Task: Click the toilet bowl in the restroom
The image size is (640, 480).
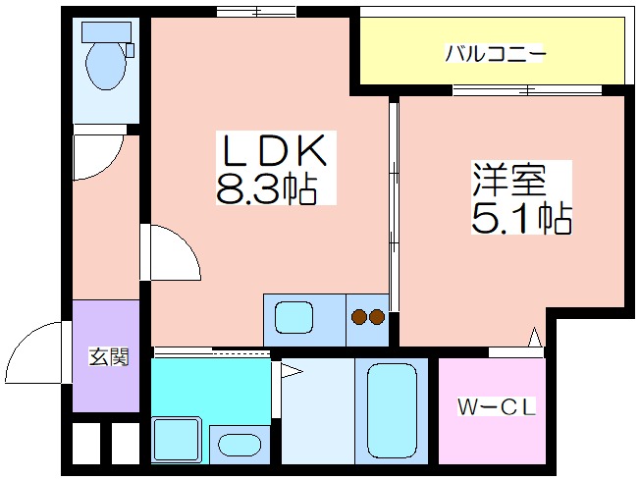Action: pos(106,66)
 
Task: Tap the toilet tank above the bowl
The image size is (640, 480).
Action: pos(106,32)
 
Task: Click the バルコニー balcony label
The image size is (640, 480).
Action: pos(495,53)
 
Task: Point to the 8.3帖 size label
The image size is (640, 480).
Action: pos(267,189)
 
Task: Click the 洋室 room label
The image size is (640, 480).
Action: pos(509,180)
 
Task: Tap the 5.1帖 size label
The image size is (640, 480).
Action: pos(521,218)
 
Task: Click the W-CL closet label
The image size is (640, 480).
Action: pos(496,407)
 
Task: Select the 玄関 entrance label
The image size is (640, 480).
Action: pos(109,356)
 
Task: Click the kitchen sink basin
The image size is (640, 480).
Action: pos(293,318)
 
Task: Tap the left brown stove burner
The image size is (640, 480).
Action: pos(359,316)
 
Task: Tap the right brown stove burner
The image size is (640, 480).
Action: pos(377,316)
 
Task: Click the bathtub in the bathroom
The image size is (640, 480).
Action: pos(392,410)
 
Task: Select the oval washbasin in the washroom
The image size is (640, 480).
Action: pos(240,445)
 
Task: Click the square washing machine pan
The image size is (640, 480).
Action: pos(177,440)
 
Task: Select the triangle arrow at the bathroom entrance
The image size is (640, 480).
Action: pos(292,371)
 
